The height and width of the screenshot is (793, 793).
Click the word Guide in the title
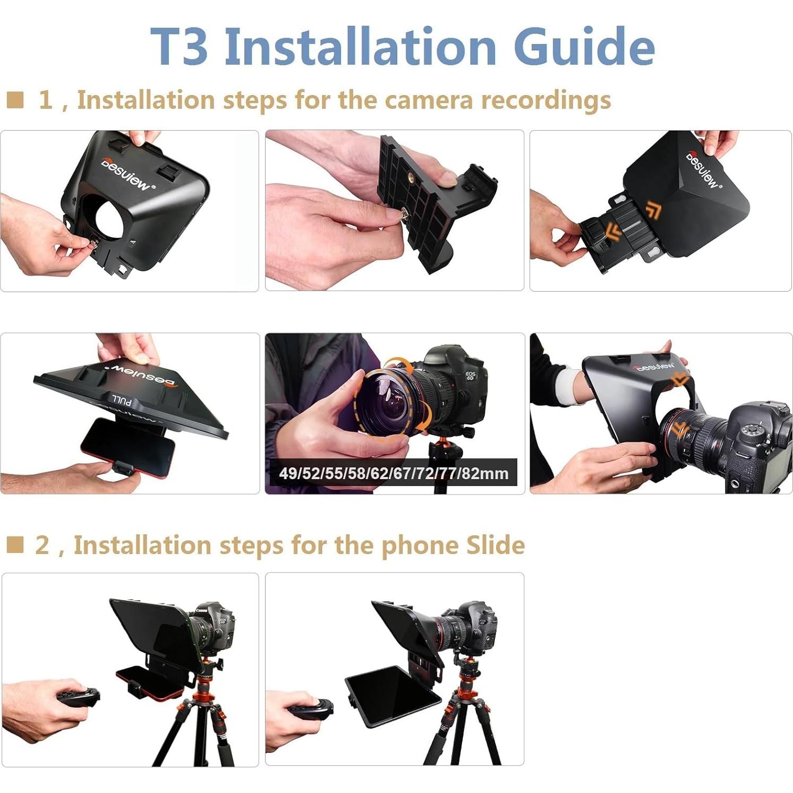pos(584,47)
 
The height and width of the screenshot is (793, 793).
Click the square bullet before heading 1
pos(15,99)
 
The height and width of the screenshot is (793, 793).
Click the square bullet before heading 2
pos(15,544)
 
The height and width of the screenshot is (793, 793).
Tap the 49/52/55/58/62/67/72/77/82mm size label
pos(394,473)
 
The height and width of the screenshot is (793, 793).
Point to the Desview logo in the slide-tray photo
pos(702,169)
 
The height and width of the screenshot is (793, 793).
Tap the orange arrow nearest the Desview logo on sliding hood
pos(653,210)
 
